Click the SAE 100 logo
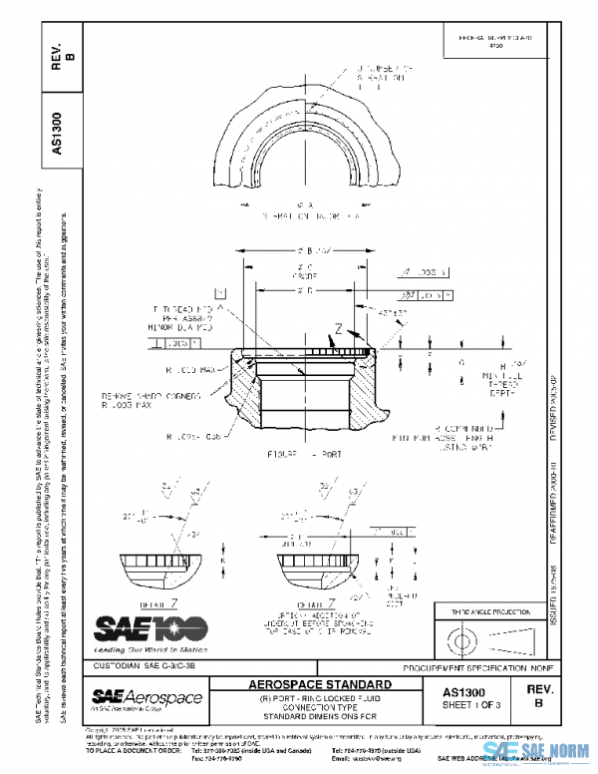(149, 627)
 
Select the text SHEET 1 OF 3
(475, 704)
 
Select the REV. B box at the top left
(59, 56)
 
